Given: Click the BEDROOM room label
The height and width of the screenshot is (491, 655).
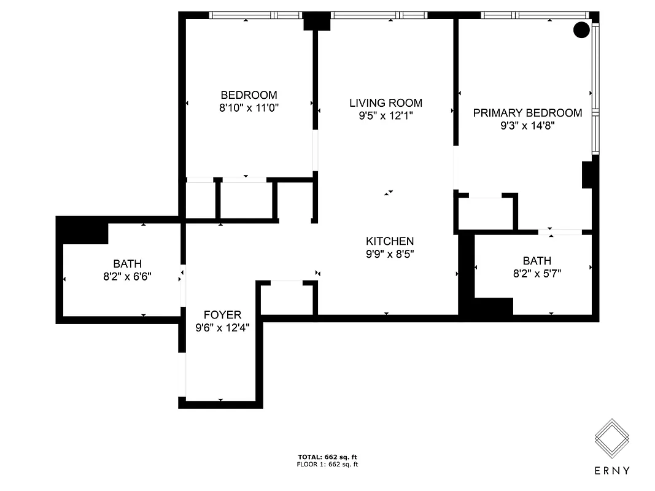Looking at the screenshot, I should point(249,95).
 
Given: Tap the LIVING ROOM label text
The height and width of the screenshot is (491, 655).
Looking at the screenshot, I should point(386,103).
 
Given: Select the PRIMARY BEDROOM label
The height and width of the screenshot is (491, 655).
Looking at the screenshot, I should point(527,113).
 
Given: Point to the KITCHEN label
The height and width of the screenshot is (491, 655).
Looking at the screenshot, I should point(390,241).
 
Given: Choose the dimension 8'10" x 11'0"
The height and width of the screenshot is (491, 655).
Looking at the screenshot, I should point(249,108).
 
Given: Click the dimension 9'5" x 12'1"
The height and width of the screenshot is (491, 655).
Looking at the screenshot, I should point(386,116).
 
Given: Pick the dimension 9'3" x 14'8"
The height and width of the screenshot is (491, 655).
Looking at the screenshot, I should point(527,126).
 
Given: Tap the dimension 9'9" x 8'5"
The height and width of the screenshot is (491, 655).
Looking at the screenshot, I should point(390,254).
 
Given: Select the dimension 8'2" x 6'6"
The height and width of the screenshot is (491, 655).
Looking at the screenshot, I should point(127,277).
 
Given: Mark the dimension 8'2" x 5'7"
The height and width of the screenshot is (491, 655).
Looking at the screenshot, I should point(537,274).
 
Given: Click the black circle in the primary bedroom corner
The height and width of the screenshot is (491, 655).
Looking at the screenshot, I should point(581,29).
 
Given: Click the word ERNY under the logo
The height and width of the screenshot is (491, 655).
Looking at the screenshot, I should point(612,471).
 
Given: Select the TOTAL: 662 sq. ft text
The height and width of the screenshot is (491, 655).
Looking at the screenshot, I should point(327,457).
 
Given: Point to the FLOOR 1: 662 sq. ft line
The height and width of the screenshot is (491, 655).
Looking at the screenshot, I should point(327,465).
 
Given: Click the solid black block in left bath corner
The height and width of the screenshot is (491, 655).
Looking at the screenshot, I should point(82,230).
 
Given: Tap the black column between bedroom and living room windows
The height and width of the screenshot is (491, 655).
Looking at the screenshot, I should point(317,21).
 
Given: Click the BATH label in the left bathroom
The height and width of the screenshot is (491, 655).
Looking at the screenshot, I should point(127,264).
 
